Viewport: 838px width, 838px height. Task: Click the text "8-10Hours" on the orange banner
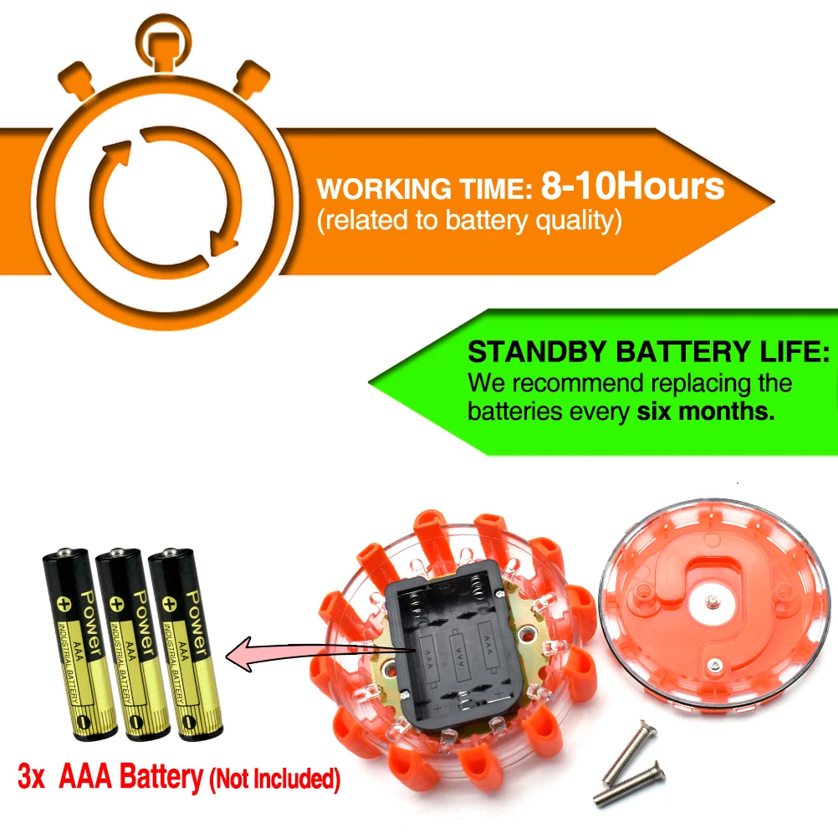click(632, 186)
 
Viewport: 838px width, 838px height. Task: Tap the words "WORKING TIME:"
click(425, 190)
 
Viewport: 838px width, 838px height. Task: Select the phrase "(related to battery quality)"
click(469, 222)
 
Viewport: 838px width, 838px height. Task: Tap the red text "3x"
click(33, 777)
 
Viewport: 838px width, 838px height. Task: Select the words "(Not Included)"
click(275, 779)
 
